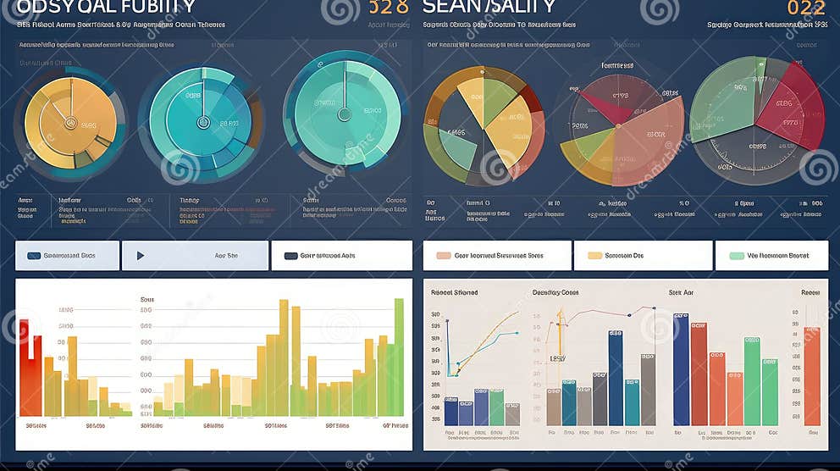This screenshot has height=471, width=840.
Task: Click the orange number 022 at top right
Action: [806, 8]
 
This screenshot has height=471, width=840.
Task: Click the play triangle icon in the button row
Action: [141, 255]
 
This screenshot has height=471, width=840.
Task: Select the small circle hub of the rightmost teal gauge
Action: [344, 114]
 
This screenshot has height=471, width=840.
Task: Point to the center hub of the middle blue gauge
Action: [202, 122]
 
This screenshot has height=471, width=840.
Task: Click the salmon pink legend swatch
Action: [442, 255]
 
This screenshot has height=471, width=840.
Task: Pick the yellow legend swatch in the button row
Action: [594, 255]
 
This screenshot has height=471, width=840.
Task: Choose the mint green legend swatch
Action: [737, 255]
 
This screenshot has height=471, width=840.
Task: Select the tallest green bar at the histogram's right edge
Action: [399, 356]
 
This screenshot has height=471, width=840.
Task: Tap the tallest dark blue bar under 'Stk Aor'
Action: [681, 368]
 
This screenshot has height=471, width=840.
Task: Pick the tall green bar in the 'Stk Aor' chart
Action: [752, 381]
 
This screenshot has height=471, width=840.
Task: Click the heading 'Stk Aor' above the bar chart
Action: [681, 292]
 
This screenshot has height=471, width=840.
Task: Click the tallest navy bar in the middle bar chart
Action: [616, 377]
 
